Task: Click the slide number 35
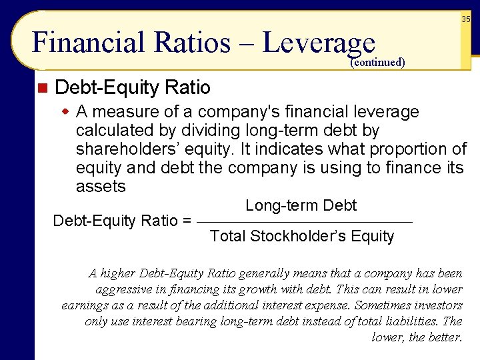pos(466,19)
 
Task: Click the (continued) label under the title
pos(377,63)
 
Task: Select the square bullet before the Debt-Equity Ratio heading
pos(42,88)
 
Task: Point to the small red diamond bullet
pos(65,111)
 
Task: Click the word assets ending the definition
pos(101,186)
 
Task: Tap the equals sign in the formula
pos(187,220)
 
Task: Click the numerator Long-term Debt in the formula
pos(301,205)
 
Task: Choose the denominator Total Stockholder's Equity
pos(302,236)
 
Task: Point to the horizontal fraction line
pos(306,222)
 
